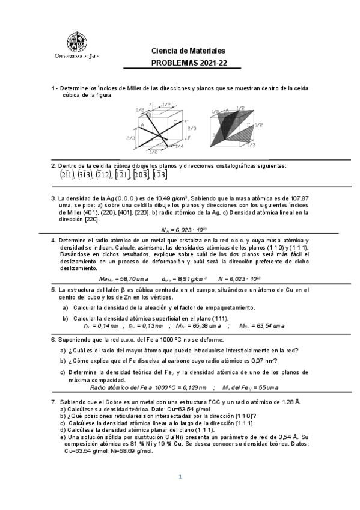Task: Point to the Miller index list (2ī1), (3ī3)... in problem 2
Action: click(113, 175)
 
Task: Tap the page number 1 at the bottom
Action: click(180, 477)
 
